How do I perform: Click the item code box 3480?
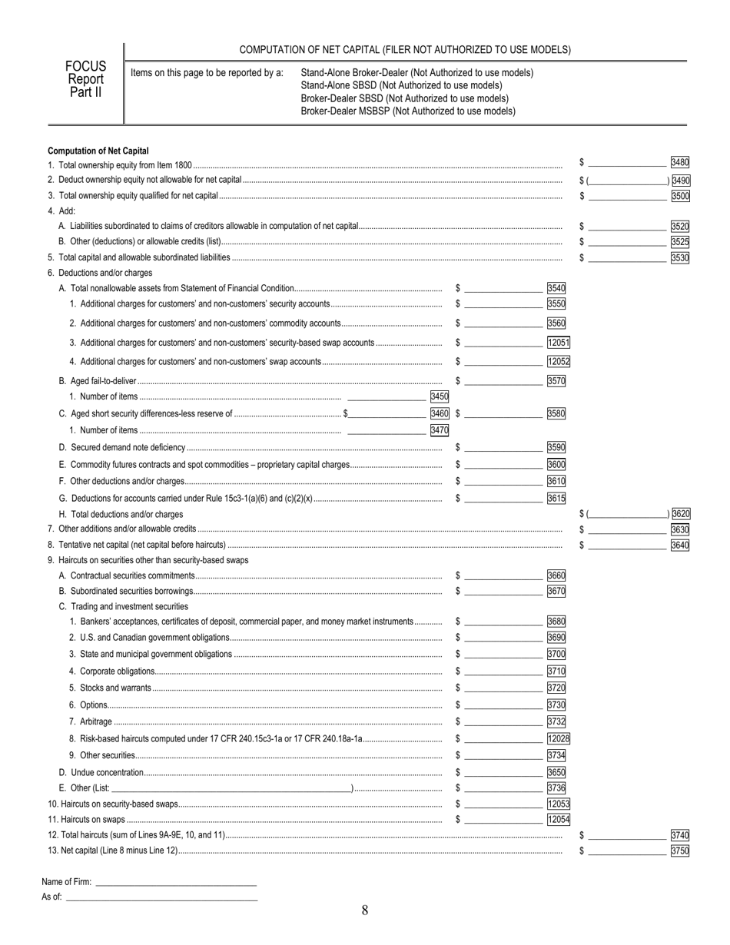(x=680, y=162)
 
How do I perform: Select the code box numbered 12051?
(x=558, y=343)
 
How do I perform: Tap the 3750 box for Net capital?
(x=680, y=850)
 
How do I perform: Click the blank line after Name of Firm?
(x=175, y=882)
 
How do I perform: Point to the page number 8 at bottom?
(x=365, y=911)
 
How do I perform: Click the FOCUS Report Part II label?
(x=85, y=80)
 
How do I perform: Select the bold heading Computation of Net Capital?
(x=98, y=151)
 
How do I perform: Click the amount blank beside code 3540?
(x=503, y=289)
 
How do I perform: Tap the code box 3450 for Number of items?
(x=440, y=396)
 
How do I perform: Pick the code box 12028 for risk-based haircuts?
(x=558, y=738)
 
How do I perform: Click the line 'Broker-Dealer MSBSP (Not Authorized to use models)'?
(x=408, y=111)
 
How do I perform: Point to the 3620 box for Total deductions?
(x=680, y=514)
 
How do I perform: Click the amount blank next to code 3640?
(x=627, y=545)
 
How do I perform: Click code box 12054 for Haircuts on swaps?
(x=558, y=820)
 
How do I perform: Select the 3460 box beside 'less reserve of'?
(x=440, y=413)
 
